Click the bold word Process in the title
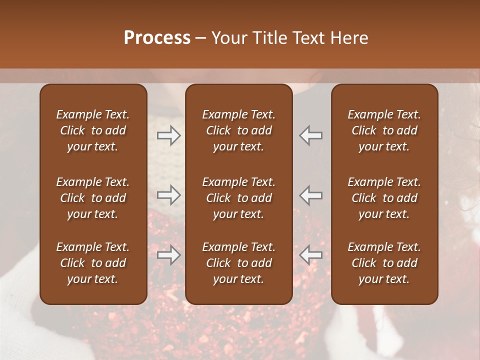[x=157, y=38]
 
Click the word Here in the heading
[x=349, y=38]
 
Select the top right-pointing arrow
[x=168, y=135]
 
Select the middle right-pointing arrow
[x=168, y=195]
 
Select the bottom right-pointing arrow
[x=168, y=255]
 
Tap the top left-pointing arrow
[x=311, y=135]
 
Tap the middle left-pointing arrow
[x=311, y=195]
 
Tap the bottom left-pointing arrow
[x=311, y=255]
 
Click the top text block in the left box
[x=93, y=130]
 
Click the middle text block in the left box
[x=93, y=198]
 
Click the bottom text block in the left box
[x=93, y=263]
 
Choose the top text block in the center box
[x=238, y=130]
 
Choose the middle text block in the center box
[x=238, y=198]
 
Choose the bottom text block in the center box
[x=238, y=263]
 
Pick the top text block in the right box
[x=384, y=130]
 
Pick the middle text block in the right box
[x=384, y=198]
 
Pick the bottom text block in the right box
[x=384, y=263]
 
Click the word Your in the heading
[x=228, y=38]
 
